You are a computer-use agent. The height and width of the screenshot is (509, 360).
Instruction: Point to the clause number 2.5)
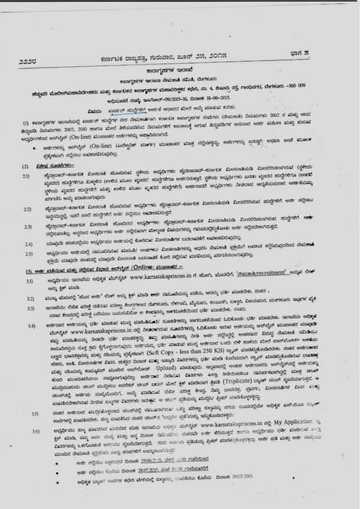pyautogui.click(x=28, y=253)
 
